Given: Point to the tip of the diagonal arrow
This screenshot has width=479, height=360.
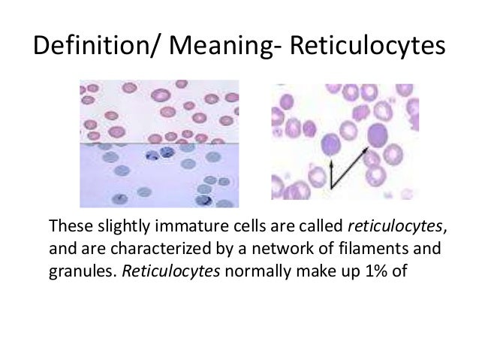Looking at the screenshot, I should (x=367, y=148).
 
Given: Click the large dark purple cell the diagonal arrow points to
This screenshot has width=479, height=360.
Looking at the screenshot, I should (x=378, y=137).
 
